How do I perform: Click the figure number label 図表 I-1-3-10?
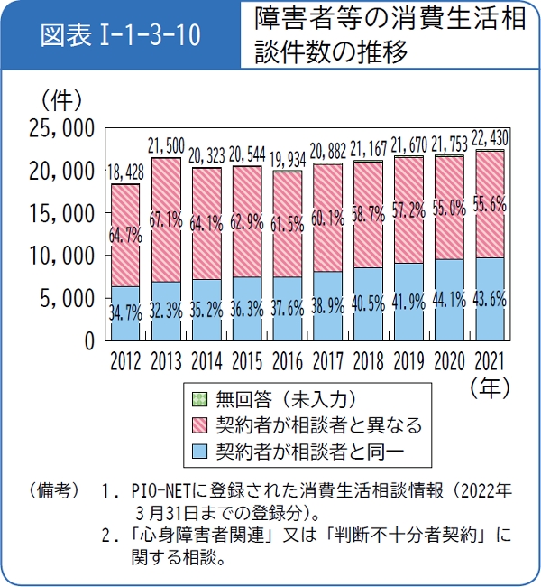(x=121, y=38)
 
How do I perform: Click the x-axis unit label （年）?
(x=490, y=387)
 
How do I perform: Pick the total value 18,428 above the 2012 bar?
(x=126, y=172)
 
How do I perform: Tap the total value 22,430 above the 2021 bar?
(x=491, y=137)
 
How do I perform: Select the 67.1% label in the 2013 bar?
(x=167, y=219)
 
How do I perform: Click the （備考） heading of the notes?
(x=56, y=493)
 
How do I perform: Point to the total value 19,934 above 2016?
(x=289, y=160)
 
